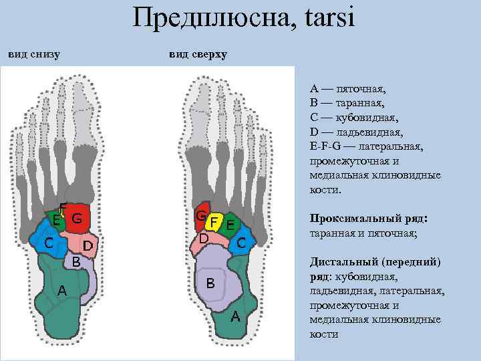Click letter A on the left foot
pos(61,290)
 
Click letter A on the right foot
pos(234,316)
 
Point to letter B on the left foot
pos(76,262)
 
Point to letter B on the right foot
pos(210,283)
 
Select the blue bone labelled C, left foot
pos(50,243)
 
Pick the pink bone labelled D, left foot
pos(88,245)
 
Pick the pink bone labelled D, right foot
pos(204,239)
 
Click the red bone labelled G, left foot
pos(78,218)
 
